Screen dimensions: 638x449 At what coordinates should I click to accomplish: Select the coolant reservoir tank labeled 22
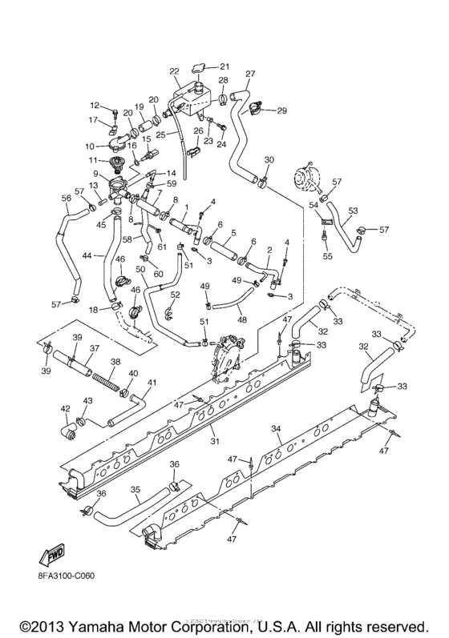(192, 97)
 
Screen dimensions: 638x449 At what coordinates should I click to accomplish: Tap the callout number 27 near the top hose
(250, 74)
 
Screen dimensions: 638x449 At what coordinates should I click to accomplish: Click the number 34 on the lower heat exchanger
(276, 430)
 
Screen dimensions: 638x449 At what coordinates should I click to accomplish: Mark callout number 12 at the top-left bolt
(94, 105)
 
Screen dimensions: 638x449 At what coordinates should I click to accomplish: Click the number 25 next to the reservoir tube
(160, 135)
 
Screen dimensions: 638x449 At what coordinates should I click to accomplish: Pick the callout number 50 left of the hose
(140, 269)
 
